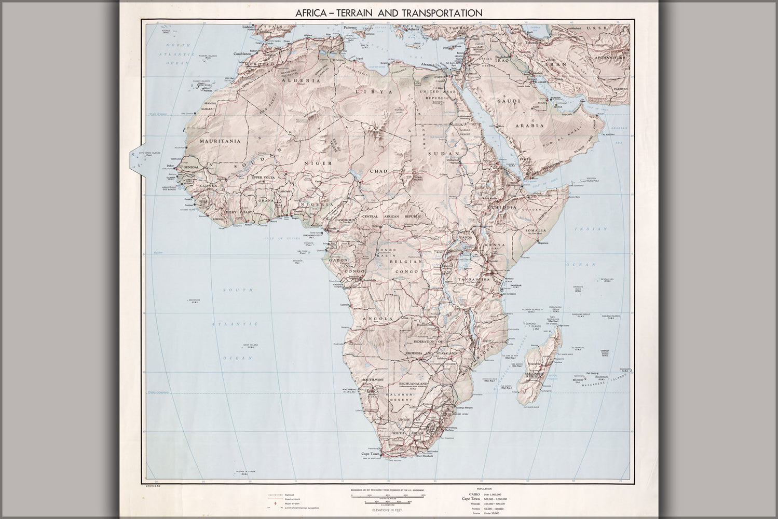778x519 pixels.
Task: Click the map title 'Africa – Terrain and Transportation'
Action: (389, 12)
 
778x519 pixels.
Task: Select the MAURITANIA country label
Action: (221, 141)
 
